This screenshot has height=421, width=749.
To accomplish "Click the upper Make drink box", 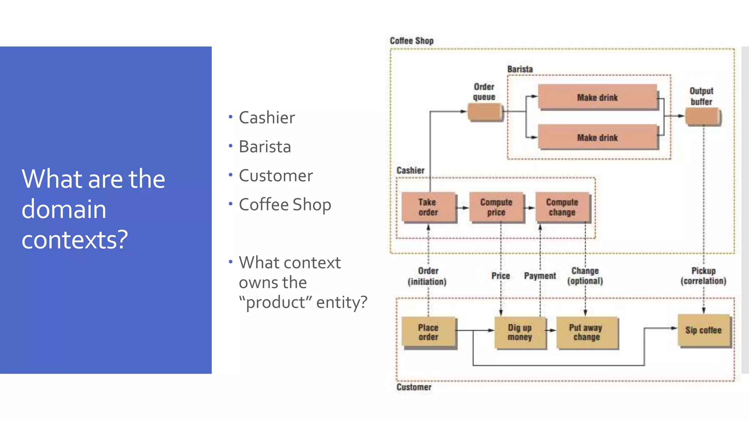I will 597,97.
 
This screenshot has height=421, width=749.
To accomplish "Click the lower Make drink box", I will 597,137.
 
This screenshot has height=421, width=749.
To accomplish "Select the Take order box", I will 428,207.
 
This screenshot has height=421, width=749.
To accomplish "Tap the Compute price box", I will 496,207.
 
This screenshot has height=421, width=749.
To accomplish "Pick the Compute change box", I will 562,207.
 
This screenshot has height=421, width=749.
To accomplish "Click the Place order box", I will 428,332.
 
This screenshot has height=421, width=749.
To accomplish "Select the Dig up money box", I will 520,332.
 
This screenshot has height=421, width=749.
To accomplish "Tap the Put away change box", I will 586,332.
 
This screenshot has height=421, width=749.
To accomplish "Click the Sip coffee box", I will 704,330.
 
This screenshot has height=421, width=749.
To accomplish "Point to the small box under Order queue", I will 485,113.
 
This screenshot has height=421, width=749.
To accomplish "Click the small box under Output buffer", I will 703,117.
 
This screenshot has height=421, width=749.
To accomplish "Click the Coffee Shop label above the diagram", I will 411,41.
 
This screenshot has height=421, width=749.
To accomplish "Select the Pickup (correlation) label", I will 703,276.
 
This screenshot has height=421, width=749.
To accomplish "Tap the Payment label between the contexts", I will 540,276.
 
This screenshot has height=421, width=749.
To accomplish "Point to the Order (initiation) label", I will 428,276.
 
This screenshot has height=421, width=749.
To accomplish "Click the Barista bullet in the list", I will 265,147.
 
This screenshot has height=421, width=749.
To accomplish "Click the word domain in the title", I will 64,209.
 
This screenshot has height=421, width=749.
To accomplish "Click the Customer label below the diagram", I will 414,387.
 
